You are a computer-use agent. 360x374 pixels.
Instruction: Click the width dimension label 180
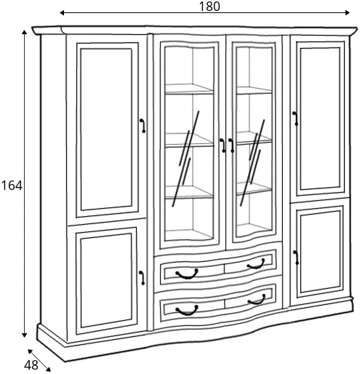[x=209, y=7]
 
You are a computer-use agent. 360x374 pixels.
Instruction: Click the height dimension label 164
[x=12, y=186]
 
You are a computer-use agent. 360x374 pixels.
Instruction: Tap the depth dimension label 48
[x=31, y=365]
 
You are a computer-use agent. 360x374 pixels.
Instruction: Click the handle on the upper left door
[x=143, y=126]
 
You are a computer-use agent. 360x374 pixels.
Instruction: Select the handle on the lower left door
[x=142, y=278]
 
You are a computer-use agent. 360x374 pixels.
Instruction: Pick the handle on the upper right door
[x=295, y=119]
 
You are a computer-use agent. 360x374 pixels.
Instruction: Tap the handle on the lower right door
[x=296, y=258]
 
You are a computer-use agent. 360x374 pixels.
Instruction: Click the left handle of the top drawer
[x=187, y=274]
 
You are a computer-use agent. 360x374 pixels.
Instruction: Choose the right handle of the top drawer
[x=256, y=264]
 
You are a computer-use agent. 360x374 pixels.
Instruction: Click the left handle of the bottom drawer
[x=187, y=311]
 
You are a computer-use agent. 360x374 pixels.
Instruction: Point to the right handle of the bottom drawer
[x=257, y=300]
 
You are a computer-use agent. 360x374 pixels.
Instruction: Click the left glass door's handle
[x=223, y=146]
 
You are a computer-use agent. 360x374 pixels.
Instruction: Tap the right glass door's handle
[x=231, y=146]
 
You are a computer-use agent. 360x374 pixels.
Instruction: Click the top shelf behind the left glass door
[x=189, y=89]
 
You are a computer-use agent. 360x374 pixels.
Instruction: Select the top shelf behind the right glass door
[x=254, y=90]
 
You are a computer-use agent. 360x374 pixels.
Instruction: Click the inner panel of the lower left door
[x=106, y=281]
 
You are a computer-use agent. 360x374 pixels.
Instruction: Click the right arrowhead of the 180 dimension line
[x=348, y=12]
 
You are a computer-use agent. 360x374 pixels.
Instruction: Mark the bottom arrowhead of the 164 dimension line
[x=24, y=335]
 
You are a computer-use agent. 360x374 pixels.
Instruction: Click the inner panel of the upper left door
[x=106, y=130]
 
